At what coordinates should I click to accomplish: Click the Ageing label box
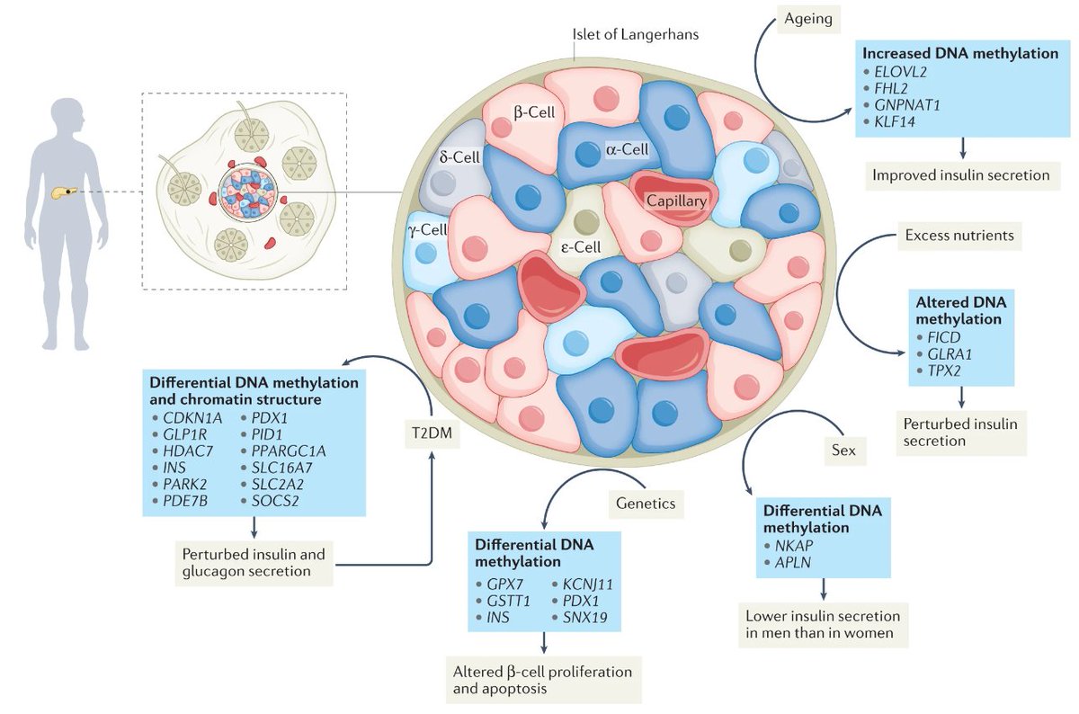[808, 19]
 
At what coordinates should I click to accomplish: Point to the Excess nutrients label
[959, 236]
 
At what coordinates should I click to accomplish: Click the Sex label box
[843, 451]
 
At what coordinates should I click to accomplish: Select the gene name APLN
[793, 562]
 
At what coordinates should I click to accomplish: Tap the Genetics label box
[646, 504]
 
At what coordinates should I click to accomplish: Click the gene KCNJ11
[588, 585]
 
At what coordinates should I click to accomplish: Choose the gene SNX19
[584, 617]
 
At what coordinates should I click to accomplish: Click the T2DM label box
[432, 433]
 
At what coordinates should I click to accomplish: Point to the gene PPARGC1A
[289, 451]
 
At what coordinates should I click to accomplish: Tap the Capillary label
[676, 201]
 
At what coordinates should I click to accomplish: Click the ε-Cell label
[581, 247]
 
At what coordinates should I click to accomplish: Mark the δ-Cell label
[459, 157]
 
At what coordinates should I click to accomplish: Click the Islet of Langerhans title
[636, 35]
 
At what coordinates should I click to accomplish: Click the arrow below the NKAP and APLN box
[824, 589]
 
